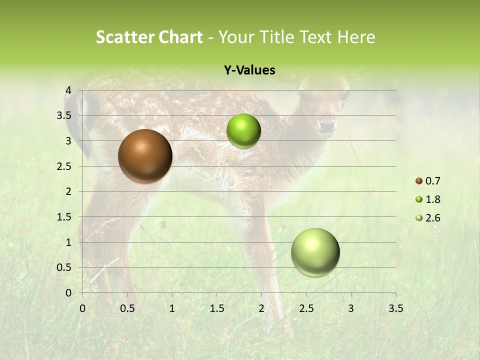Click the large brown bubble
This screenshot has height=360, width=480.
tap(145, 156)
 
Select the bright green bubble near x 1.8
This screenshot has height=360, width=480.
tap(243, 131)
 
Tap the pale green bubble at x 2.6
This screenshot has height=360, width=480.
tap(315, 252)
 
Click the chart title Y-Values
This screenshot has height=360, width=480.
tap(249, 70)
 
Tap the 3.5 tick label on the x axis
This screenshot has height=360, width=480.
tap(395, 308)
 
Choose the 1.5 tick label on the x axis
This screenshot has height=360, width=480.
tap(217, 308)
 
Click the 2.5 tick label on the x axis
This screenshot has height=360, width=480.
tap(306, 308)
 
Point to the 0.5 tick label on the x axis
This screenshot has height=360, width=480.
tap(127, 308)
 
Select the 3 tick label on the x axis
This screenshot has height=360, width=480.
tap(351, 308)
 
